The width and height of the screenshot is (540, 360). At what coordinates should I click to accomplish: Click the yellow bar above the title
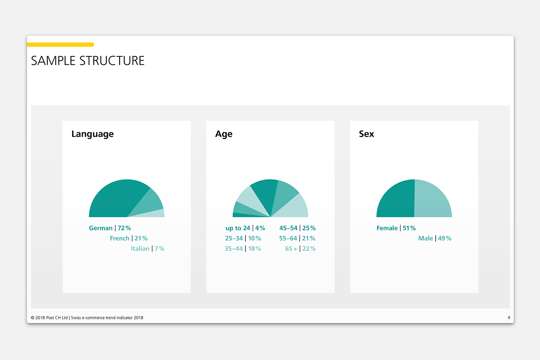click(60, 45)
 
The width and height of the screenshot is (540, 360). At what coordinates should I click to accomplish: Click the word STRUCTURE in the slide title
click(112, 61)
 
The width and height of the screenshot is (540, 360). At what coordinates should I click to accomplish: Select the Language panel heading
click(93, 134)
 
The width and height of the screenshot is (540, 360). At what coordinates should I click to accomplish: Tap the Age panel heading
click(224, 134)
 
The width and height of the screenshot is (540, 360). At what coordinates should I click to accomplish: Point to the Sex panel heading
click(366, 134)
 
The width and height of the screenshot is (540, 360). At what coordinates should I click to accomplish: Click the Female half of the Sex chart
click(398, 200)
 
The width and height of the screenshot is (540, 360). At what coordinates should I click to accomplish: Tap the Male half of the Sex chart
click(432, 200)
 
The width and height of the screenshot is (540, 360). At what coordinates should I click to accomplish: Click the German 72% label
click(110, 228)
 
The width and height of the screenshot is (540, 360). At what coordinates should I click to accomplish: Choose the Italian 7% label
click(147, 248)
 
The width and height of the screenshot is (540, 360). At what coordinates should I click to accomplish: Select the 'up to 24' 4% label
click(245, 228)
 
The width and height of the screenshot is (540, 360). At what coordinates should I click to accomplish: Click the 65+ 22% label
click(300, 248)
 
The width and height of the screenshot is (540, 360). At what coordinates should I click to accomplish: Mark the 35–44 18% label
click(243, 248)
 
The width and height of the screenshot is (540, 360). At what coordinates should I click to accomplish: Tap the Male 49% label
click(435, 238)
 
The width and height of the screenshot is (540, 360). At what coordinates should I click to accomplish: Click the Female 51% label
click(396, 228)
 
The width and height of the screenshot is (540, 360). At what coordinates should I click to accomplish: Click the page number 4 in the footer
click(509, 318)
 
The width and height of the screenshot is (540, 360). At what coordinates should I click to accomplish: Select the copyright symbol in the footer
click(32, 318)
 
